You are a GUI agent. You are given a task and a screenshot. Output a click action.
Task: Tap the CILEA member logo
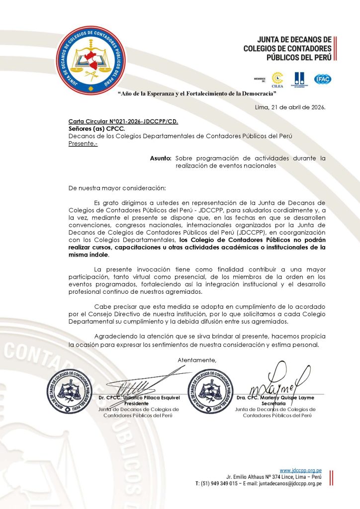277,78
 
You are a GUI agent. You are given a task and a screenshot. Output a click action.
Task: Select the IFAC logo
322,79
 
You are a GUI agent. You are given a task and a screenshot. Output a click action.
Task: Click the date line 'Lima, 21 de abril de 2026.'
289,107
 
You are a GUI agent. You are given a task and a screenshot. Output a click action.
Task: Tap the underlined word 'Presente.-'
84,143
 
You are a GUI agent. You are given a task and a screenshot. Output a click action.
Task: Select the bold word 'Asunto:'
161,158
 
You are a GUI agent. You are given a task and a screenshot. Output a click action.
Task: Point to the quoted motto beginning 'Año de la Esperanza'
196,93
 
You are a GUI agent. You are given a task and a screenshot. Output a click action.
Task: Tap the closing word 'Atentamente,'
197,359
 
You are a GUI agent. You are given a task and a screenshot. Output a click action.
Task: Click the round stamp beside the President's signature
70,391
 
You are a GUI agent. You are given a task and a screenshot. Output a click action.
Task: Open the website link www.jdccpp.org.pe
300,470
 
